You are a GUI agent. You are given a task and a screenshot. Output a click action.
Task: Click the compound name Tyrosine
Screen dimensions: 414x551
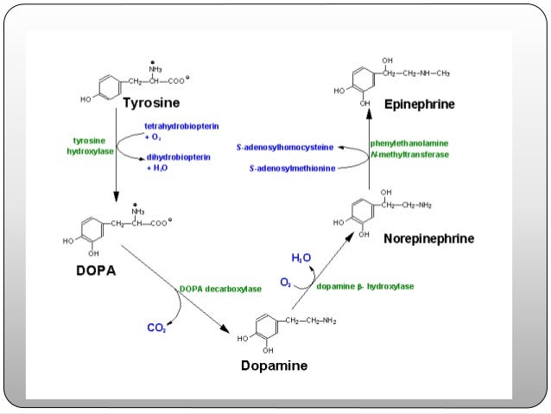tap(151, 104)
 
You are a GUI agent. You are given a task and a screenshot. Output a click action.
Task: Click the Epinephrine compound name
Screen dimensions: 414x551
tap(420, 104)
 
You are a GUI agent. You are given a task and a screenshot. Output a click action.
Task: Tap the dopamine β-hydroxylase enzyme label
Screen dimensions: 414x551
tap(364, 286)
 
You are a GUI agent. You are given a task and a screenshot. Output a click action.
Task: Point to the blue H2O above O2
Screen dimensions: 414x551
tap(301, 258)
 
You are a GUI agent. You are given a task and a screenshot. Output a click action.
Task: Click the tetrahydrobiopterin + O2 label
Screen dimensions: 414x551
tap(180, 131)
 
